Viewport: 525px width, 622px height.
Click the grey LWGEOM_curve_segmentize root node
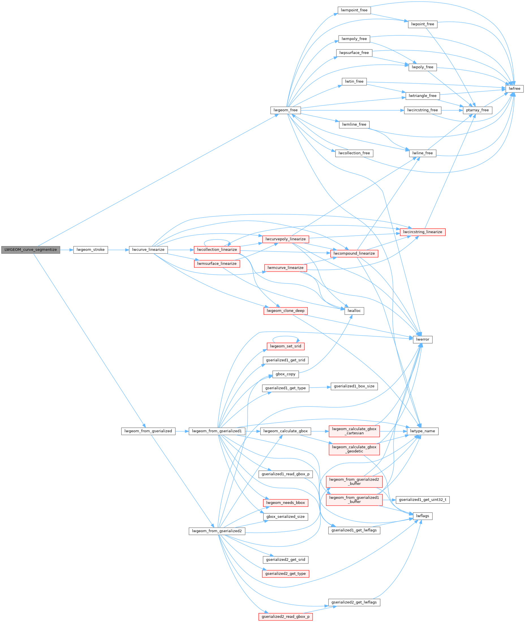pos(30,250)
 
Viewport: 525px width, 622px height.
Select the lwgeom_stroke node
pos(91,250)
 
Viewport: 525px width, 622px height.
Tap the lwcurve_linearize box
pos(148,250)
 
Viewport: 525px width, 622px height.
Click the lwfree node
pos(514,89)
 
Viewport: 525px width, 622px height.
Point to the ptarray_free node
pos(477,110)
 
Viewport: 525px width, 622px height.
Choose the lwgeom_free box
pos(285,110)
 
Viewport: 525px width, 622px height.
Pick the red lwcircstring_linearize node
pos(423,232)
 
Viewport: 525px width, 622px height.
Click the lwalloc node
pos(354,311)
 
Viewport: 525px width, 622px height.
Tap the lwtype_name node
pos(423,431)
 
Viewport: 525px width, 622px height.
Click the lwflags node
pos(423,516)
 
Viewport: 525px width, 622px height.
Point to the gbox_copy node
pos(285,374)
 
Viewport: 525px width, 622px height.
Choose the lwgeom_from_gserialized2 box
pos(217,531)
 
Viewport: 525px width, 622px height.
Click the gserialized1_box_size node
pos(354,386)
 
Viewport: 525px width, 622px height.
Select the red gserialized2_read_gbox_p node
pos(285,617)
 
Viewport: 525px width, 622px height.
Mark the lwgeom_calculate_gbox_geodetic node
pos(354,449)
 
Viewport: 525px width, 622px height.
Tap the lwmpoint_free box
pos(354,10)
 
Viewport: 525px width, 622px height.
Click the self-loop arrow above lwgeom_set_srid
pos(285,336)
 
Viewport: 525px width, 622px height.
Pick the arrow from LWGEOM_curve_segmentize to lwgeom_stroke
pos(67,250)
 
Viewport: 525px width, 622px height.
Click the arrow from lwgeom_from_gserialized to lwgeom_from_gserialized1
pos(182,431)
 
